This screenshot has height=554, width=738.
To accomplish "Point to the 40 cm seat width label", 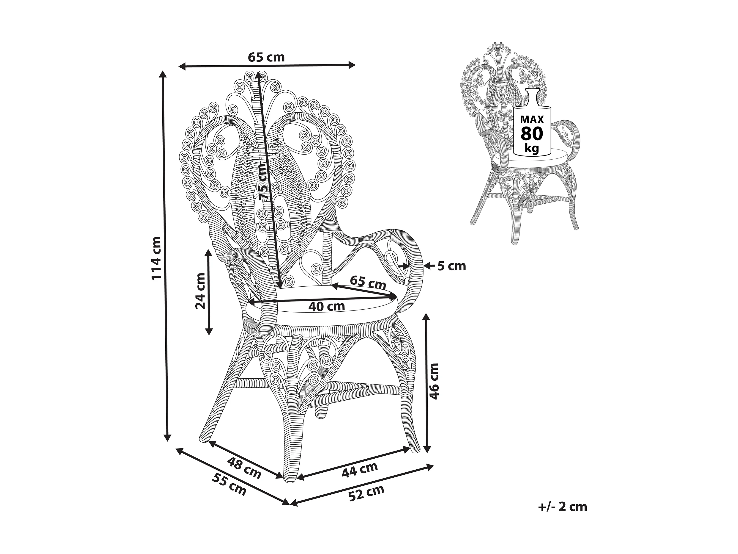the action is point(326,306).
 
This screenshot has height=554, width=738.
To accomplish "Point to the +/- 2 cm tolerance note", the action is point(563,507).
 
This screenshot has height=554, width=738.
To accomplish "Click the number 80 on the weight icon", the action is point(532,134).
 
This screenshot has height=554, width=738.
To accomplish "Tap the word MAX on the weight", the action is point(532,119).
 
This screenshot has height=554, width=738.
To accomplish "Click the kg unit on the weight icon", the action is point(532,148).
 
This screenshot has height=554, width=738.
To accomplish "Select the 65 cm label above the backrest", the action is point(266,57).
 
